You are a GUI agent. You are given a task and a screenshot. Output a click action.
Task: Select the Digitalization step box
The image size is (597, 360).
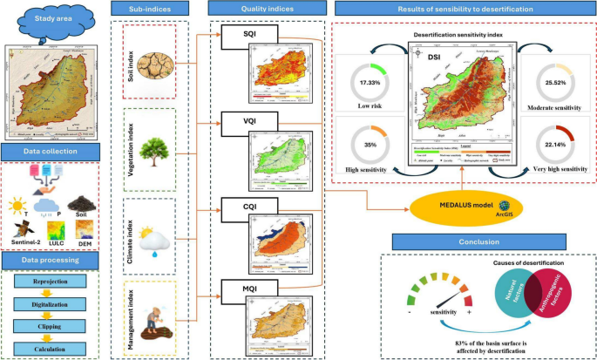pyautogui.click(x=54, y=305)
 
